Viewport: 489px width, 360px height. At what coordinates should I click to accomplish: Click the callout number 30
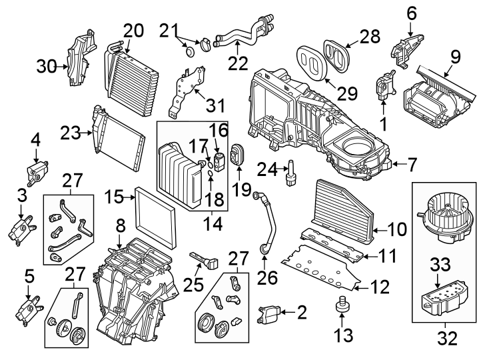coord(47,65)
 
